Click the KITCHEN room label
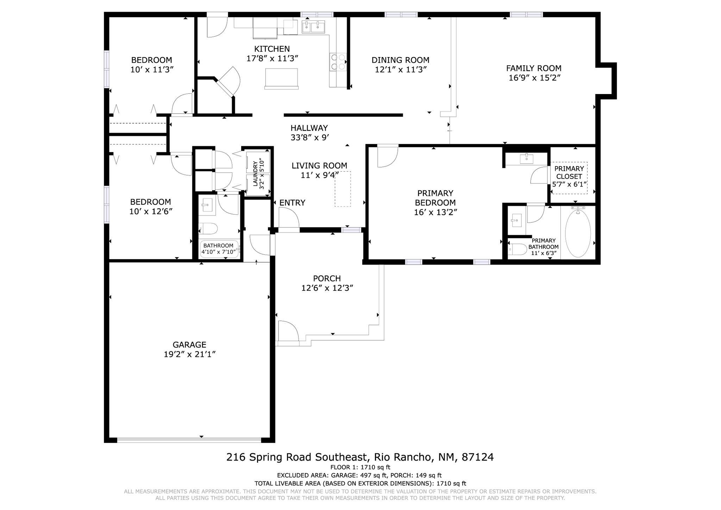click(x=272, y=49)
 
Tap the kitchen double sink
click(x=313, y=27)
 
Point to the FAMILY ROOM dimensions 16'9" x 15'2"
click(x=534, y=78)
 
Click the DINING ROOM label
click(x=400, y=60)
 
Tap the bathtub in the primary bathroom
click(x=578, y=234)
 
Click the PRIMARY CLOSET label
click(x=569, y=173)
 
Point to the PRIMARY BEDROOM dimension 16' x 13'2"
click(x=435, y=212)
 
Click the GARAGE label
click(x=189, y=345)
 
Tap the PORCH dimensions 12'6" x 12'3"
click(x=327, y=288)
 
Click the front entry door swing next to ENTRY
click(x=288, y=218)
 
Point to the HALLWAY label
click(x=309, y=128)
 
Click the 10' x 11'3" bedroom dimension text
click(x=152, y=70)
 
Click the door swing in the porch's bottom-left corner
click(x=288, y=331)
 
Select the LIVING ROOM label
click(x=319, y=166)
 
